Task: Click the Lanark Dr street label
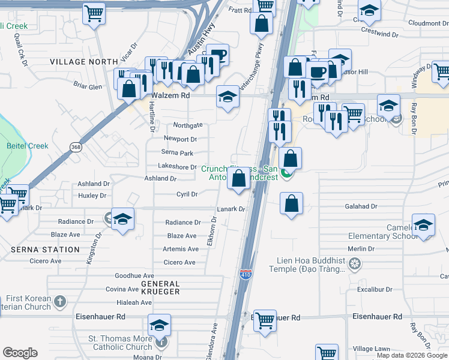coord(231,209)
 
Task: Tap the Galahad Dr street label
coord(361,206)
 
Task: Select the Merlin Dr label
coord(361,248)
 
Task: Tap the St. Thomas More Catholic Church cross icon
coord(160,343)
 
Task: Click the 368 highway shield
coord(76,147)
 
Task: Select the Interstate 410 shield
coord(246,275)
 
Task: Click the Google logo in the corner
coord(20,353)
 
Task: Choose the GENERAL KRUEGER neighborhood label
coord(160,287)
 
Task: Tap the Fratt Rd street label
coord(240,10)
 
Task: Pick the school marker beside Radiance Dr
coord(122,219)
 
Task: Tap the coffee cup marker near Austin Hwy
coord(217,55)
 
